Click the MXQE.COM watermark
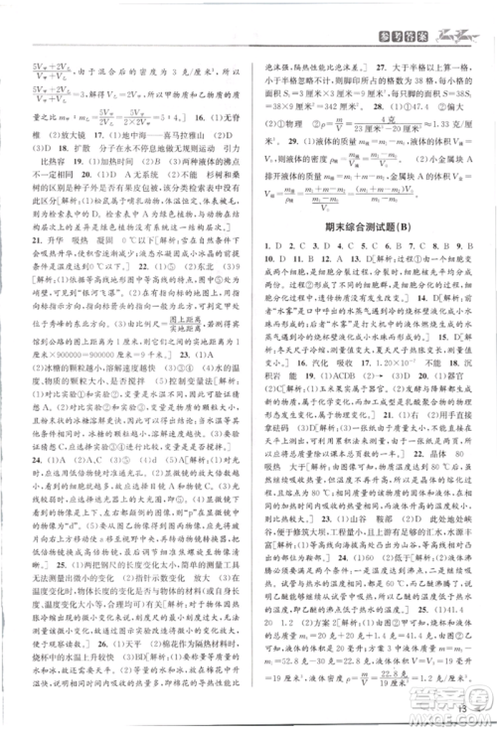(452, 717)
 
